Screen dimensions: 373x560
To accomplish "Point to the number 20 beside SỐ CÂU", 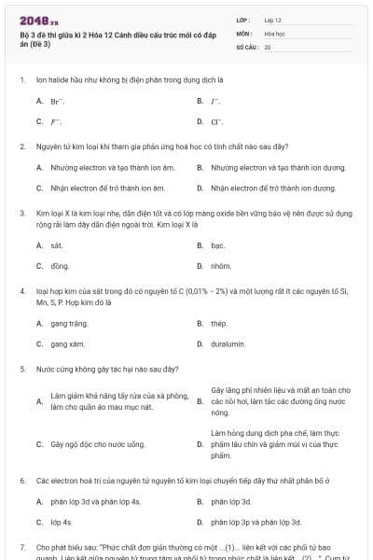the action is [x=268, y=47].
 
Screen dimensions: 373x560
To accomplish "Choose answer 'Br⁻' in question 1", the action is [x=57, y=101].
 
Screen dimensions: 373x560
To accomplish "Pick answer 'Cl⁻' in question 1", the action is [x=217, y=122].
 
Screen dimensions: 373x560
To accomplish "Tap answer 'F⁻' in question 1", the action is [x=56, y=122].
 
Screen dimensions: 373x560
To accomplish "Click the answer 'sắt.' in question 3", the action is [x=56, y=245].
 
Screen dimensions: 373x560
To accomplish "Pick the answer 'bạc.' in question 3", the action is [x=218, y=245].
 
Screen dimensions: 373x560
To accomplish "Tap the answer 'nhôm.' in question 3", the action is [x=221, y=266].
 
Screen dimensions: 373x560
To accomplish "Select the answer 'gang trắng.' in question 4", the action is [x=69, y=323].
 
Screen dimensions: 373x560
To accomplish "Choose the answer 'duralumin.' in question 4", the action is [x=228, y=343].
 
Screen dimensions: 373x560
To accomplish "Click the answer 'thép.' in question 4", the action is [x=219, y=323].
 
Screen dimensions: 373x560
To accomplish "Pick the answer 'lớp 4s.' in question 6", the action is [x=62, y=523].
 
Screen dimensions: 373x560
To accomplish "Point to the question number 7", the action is [x=21, y=546].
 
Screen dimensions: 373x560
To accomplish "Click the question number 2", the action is [x=21, y=147].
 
